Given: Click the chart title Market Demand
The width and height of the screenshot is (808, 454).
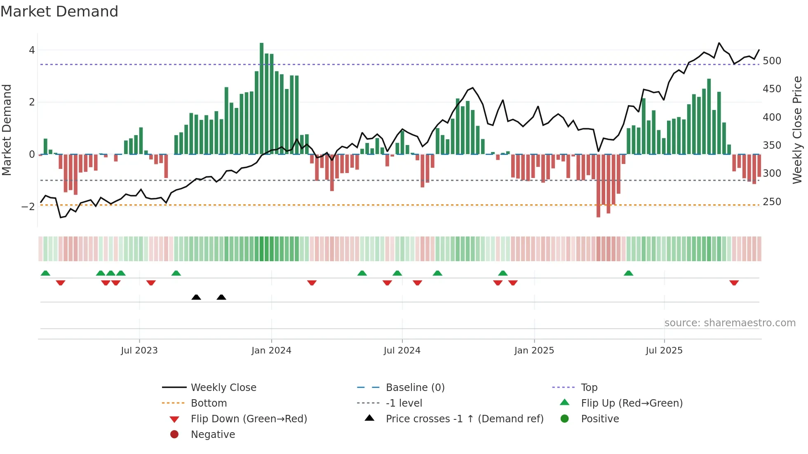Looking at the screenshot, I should tap(59, 12).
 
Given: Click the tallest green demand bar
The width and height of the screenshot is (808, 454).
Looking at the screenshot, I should tap(261, 99).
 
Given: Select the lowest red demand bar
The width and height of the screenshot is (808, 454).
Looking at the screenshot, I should tap(598, 185).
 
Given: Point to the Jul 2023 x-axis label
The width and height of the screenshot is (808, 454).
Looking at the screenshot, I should tap(139, 351).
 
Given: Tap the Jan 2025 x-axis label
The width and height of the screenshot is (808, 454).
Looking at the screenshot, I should tap(534, 351).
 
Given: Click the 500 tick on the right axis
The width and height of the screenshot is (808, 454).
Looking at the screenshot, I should tap(772, 61).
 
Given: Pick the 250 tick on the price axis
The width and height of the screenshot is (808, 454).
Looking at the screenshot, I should tap(772, 202).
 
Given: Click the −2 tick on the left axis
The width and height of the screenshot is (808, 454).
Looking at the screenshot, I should tap(28, 207).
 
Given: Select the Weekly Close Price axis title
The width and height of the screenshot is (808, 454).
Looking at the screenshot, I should tap(797, 130).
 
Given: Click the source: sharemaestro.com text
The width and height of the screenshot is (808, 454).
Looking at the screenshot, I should tap(730, 323).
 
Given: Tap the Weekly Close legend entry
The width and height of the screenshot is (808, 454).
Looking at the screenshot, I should tap(223, 388).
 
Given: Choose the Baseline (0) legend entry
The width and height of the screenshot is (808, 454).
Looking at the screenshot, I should tap(415, 388).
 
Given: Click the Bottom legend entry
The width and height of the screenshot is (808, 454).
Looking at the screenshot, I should tap(209, 403).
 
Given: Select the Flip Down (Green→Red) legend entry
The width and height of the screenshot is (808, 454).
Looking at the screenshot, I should tap(249, 419).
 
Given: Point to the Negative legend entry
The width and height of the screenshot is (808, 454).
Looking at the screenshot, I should tap(213, 435).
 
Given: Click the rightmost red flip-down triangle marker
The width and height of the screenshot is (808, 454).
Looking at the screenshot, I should tap(734, 283).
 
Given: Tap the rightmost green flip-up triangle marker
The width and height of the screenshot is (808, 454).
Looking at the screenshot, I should tap(628, 273).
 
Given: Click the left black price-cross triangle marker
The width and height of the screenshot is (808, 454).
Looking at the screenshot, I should tap(196, 297).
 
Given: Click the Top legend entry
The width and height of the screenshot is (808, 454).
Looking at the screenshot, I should tap(589, 388).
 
